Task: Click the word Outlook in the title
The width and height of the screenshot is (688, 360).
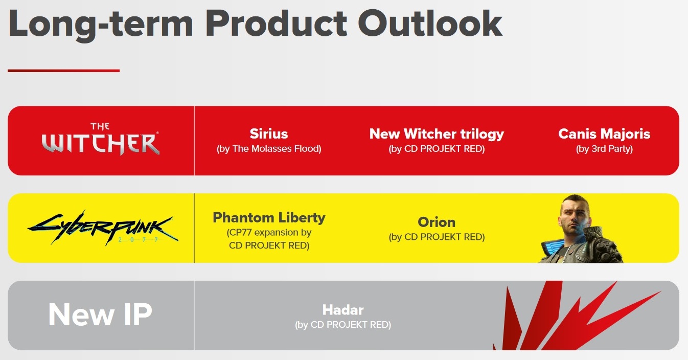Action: click(430, 24)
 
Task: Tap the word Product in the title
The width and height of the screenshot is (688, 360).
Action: click(276, 24)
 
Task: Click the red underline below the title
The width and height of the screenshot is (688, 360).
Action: click(63, 71)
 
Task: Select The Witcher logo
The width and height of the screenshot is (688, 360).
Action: click(100, 139)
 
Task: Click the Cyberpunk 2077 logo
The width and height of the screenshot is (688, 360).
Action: click(103, 228)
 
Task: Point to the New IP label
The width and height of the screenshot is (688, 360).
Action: click(100, 314)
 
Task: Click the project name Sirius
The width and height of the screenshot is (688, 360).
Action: click(269, 133)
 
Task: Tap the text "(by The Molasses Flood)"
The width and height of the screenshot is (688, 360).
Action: click(269, 149)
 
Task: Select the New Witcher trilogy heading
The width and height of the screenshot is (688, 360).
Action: click(437, 134)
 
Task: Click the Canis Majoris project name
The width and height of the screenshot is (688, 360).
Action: click(604, 134)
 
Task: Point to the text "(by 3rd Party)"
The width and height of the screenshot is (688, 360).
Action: click(604, 149)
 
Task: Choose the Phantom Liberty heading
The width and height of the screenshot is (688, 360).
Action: click(269, 218)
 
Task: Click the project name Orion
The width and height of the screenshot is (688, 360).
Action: click(437, 222)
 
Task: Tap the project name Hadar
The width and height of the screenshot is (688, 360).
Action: click(343, 310)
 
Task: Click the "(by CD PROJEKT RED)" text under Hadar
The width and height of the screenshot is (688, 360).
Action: click(343, 325)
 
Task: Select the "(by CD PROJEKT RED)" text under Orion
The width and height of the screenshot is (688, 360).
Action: click(437, 237)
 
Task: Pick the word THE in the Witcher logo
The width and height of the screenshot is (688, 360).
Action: click(100, 126)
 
